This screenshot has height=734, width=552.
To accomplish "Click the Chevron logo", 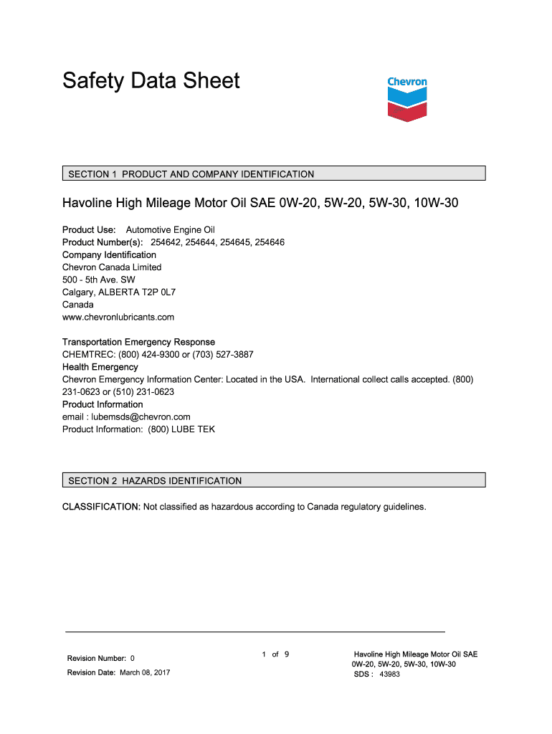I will pos(407,99).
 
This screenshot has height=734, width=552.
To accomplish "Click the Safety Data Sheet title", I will pos(151,80).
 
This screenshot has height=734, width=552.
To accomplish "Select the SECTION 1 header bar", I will pos(274,173).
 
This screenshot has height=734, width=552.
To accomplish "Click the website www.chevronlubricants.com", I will pos(118,317).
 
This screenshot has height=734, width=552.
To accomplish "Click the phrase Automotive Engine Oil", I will pos(171,229).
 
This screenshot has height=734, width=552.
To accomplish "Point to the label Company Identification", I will pos(109,254).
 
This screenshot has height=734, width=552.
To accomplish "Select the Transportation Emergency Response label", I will pos(138,342).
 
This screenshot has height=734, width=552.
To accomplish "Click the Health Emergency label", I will pos(100,367).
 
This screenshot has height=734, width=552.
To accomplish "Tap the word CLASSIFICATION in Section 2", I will pos(100,507).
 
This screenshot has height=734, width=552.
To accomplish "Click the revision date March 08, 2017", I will pos(145,672).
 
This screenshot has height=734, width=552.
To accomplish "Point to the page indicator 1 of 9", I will pos(275,654).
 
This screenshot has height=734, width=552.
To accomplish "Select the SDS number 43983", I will pos(389,674).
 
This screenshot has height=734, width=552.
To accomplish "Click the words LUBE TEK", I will pos(198,429).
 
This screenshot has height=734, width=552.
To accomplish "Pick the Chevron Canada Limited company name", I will pos(112,267).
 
